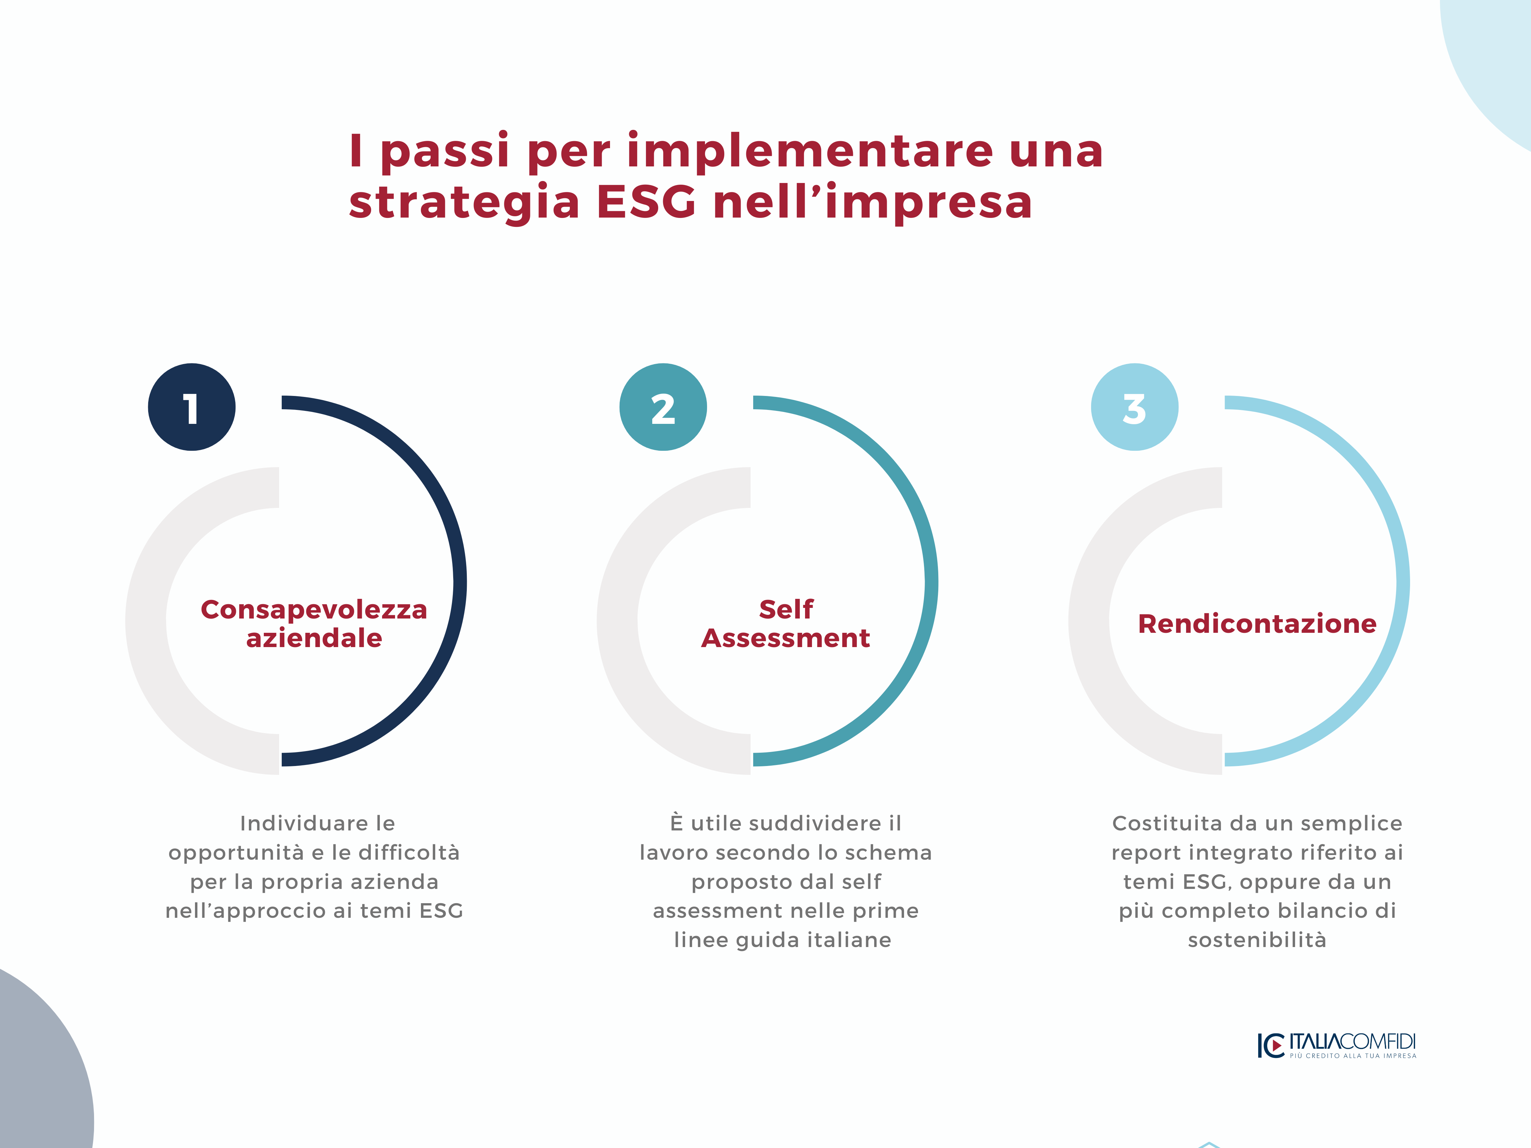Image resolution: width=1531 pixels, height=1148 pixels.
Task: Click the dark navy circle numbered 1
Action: click(x=192, y=407)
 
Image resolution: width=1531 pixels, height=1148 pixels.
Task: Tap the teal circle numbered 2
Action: click(x=663, y=407)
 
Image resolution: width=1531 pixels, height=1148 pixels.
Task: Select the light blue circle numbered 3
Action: click(x=1134, y=407)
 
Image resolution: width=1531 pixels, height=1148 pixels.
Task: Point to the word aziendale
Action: click(x=314, y=638)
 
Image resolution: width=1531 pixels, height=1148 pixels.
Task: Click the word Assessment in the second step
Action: click(x=785, y=638)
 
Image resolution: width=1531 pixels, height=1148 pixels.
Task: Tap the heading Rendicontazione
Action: click(x=1257, y=623)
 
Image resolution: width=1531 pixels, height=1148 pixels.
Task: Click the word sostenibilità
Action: click(x=1257, y=940)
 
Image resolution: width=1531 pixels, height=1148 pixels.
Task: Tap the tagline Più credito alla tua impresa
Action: click(x=1353, y=1056)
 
